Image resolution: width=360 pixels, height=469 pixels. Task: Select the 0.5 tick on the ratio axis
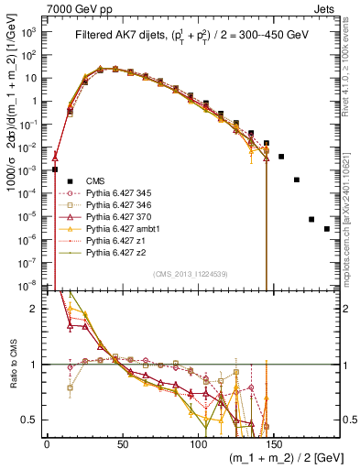30,420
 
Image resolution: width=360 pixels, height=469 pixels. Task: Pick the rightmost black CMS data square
327,228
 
